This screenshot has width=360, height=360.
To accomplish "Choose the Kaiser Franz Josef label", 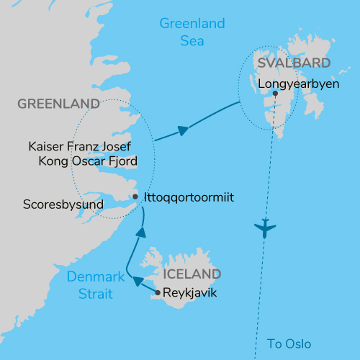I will [81, 146].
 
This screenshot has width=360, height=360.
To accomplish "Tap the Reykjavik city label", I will [190, 293].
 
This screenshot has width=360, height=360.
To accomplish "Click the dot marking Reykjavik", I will [158, 293].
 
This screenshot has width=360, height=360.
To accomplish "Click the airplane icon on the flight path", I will [266, 230].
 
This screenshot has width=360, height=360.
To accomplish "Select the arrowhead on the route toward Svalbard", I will [183, 130].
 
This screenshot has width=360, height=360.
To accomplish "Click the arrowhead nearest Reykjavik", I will [138, 282].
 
